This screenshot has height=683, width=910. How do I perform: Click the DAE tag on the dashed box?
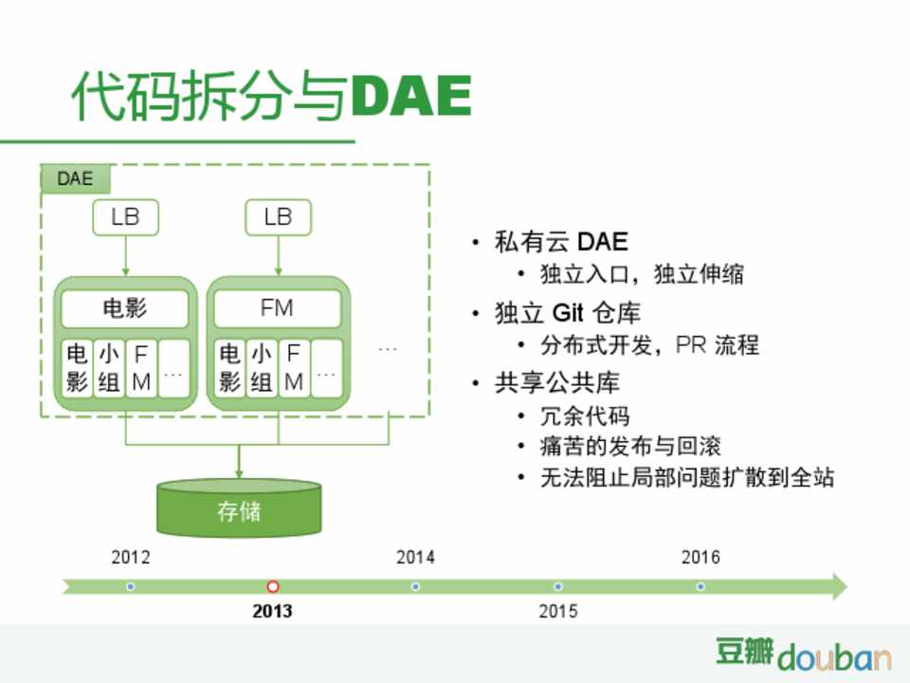point(76,179)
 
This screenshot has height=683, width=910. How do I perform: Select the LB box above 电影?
point(125,217)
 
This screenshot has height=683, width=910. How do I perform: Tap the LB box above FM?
point(278,217)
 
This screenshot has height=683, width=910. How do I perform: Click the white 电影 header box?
point(125,307)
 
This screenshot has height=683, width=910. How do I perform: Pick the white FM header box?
point(278,307)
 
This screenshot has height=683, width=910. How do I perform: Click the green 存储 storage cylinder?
point(239,508)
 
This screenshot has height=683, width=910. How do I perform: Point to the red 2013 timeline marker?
point(273,586)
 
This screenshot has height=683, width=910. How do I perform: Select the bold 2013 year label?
point(272,611)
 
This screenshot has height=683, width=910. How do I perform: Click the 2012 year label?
point(131,558)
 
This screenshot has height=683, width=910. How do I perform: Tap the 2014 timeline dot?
point(415,586)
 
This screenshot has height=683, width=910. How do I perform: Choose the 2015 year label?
point(557,611)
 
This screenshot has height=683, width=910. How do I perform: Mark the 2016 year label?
point(701,558)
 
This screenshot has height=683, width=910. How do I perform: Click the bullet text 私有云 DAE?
point(561,242)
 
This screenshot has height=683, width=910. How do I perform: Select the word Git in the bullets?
point(568,313)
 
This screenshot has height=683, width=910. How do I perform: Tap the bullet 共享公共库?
point(557,382)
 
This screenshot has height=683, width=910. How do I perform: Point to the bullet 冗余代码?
point(585,415)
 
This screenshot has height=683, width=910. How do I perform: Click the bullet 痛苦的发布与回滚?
point(630,446)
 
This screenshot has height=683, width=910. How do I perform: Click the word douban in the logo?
point(834,656)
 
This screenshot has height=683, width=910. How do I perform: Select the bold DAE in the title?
point(410,95)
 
